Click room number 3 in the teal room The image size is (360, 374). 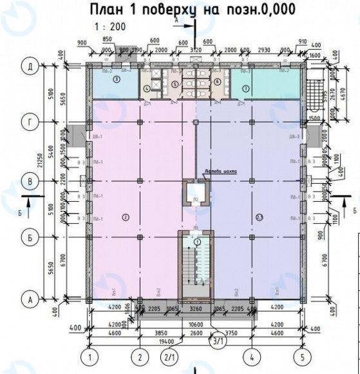(x=116, y=80)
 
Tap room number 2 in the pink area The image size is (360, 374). (x=126, y=216)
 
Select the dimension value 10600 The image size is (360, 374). (x=197, y=325)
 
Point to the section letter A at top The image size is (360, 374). (x=176, y=21)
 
